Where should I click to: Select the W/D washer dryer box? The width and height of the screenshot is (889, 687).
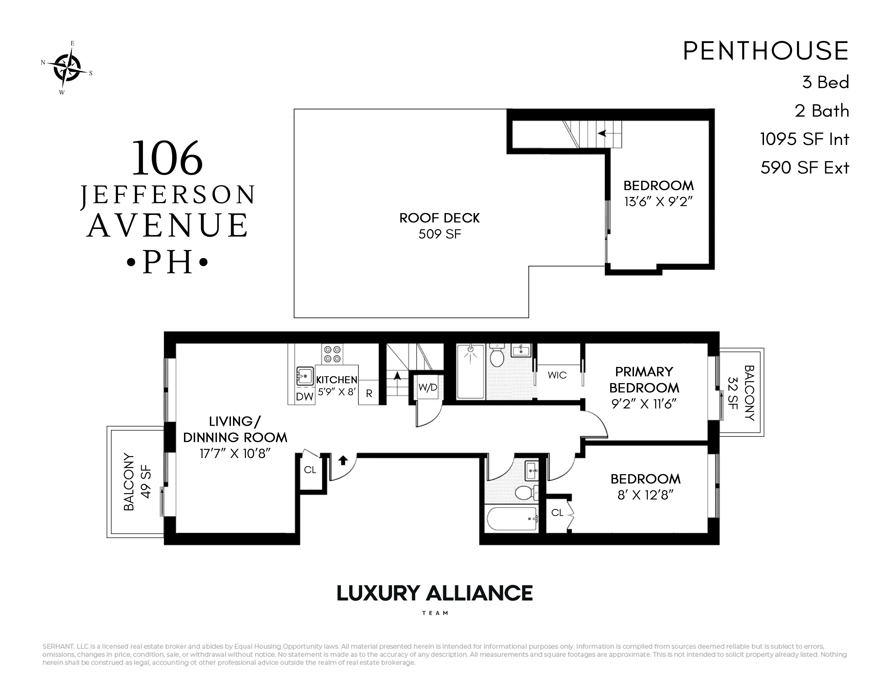[428, 387]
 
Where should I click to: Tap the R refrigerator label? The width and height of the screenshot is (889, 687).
[369, 394]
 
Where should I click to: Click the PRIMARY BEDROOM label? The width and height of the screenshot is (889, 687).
[644, 380]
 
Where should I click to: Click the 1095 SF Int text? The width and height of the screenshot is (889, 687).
[804, 139]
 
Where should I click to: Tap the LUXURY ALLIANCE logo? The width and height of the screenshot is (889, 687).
[435, 594]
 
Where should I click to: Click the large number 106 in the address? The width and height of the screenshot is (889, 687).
[167, 158]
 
